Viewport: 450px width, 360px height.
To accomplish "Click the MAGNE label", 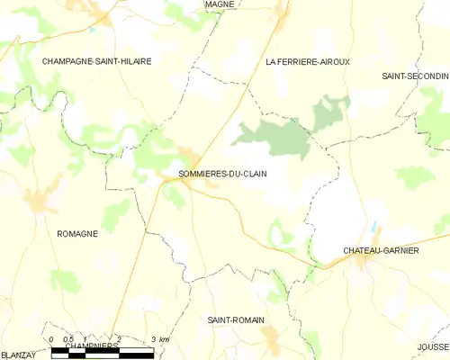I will point(220,4).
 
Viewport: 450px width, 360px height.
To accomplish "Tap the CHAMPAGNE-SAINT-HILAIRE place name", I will point(96,61).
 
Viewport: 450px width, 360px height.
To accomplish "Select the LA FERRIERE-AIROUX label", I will point(307,61).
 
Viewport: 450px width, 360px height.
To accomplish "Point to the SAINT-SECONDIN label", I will point(415,76).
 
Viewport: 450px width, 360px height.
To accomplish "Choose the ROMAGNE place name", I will point(77,233).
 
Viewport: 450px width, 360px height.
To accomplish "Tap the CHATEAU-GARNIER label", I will point(381,250).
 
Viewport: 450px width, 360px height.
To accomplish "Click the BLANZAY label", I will point(19,355).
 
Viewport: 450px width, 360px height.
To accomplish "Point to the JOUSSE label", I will point(433,346).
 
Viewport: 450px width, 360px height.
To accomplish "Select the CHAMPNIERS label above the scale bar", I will point(92,345).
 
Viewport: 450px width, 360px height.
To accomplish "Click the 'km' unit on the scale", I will point(164,339).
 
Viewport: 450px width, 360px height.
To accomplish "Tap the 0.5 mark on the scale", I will point(67,339).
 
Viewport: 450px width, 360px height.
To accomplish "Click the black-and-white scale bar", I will point(102,352).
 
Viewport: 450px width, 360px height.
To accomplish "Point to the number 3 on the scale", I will point(153,339).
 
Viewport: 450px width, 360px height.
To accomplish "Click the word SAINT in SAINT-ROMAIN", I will point(221,319).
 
